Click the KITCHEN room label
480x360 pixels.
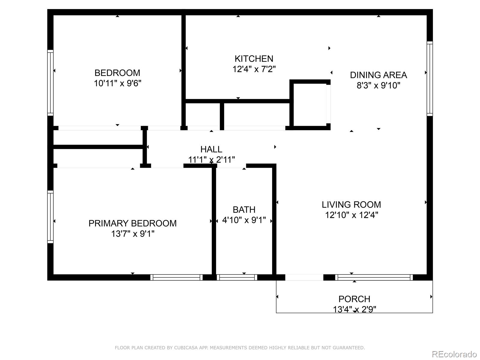tap(254, 58)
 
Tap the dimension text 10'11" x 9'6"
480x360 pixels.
tap(117, 83)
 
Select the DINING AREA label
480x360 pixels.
tap(378, 75)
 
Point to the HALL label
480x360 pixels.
tap(211, 149)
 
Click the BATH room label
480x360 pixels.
tap(244, 210)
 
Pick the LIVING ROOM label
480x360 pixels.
tap(351, 205)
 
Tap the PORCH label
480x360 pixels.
tap(354, 299)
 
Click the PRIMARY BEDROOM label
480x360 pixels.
tap(133, 223)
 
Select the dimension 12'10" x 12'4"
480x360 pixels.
tap(351, 215)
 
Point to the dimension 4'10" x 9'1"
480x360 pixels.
tap(244, 220)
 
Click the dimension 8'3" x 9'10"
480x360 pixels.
tap(378, 85)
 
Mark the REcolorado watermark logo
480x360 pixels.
tap(454, 354)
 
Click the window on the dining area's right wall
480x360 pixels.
tap(430, 79)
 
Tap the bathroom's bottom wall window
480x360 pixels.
tap(237, 277)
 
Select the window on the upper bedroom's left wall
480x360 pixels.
tap(50, 83)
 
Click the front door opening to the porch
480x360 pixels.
tap(304, 277)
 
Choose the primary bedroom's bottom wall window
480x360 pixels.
tap(176, 277)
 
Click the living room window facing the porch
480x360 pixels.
tap(374, 277)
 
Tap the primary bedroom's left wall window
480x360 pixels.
tap(50, 217)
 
